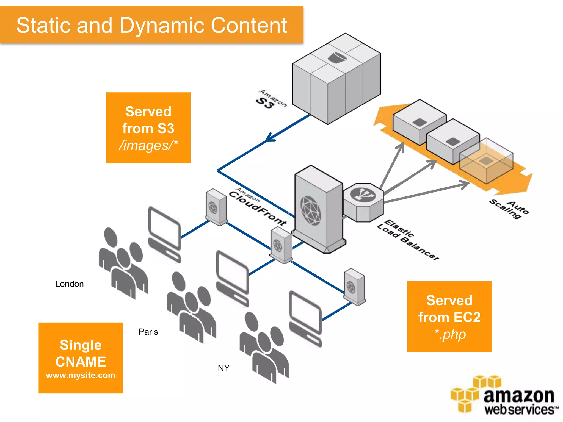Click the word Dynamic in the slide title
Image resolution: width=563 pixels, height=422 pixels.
pos(162,25)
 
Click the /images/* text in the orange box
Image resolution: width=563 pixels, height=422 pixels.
pos(148,145)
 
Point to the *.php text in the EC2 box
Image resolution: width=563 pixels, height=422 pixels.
pos(450,334)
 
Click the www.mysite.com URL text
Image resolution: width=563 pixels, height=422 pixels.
pos(81,375)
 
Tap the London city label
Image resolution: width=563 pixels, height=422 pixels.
pos(69,284)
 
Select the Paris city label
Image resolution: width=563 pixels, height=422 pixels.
pos(148,332)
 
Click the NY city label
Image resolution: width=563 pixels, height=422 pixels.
pos(223,368)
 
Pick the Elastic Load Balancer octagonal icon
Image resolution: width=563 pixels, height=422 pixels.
pos(363,202)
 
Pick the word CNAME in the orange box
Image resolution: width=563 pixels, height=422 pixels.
pos(81,362)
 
